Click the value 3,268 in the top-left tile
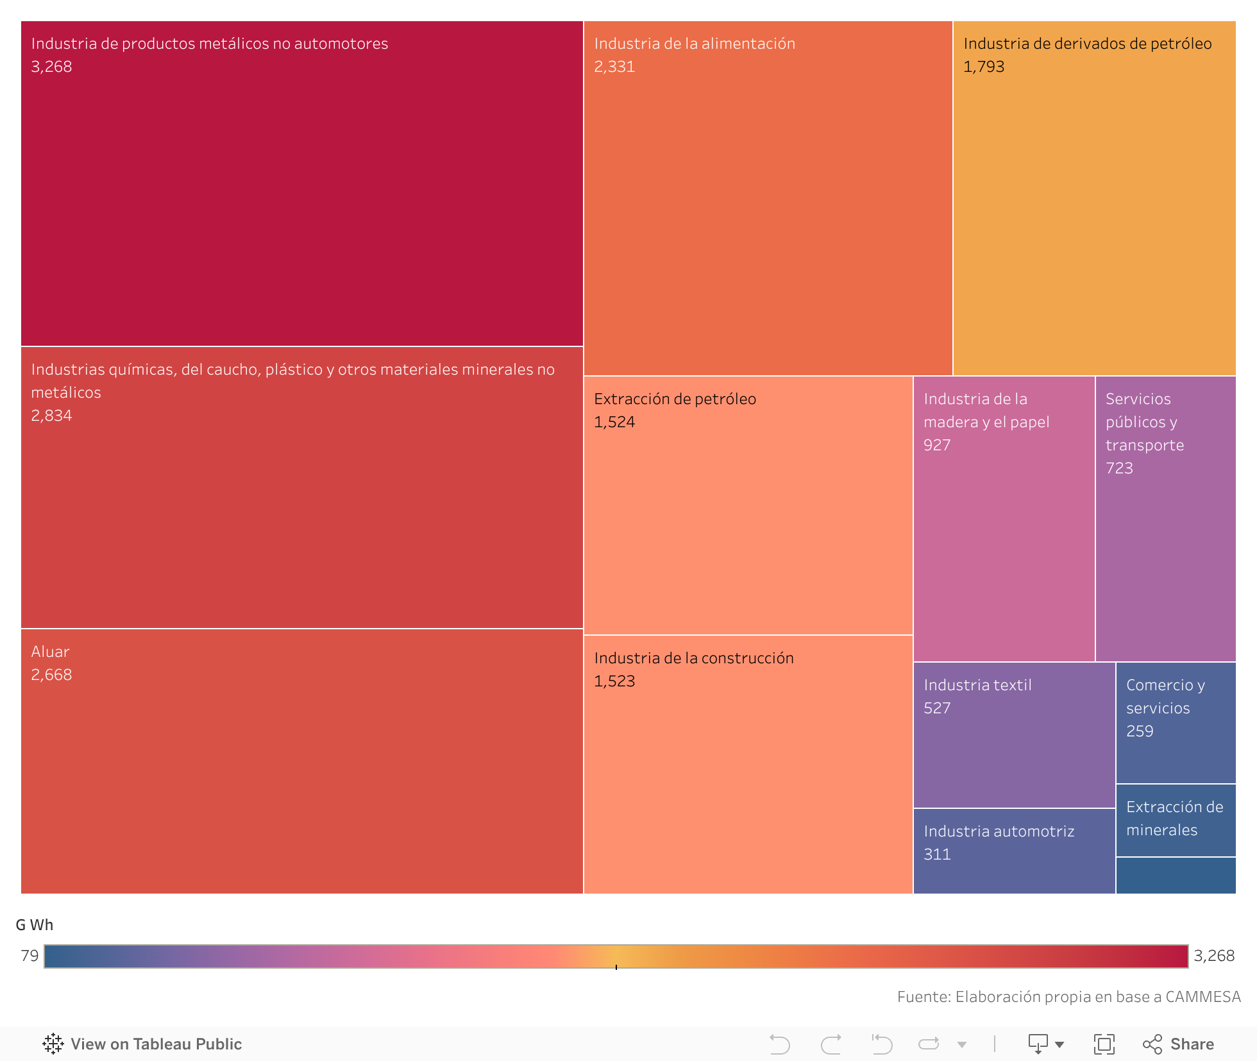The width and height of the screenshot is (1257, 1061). [x=51, y=67]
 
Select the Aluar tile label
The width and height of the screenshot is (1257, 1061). [x=50, y=652]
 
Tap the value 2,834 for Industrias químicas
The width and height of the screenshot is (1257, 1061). [x=51, y=416]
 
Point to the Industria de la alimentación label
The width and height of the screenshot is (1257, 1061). [x=694, y=44]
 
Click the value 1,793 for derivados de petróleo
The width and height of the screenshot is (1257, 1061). [x=983, y=67]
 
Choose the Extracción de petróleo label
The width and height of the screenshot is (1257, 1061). [x=675, y=399]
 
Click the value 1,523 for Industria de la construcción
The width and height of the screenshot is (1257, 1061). [x=614, y=681]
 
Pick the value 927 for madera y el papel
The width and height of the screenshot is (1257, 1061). [x=936, y=445]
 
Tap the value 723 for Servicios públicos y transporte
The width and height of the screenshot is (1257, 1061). [x=1119, y=468]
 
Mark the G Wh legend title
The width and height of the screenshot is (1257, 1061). [x=34, y=925]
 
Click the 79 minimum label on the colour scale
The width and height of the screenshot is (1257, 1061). [x=30, y=956]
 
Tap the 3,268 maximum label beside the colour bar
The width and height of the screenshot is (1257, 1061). [x=1213, y=956]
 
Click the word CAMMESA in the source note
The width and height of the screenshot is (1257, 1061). [x=1202, y=997]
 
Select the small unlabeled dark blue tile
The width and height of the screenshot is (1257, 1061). [x=1175, y=876]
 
